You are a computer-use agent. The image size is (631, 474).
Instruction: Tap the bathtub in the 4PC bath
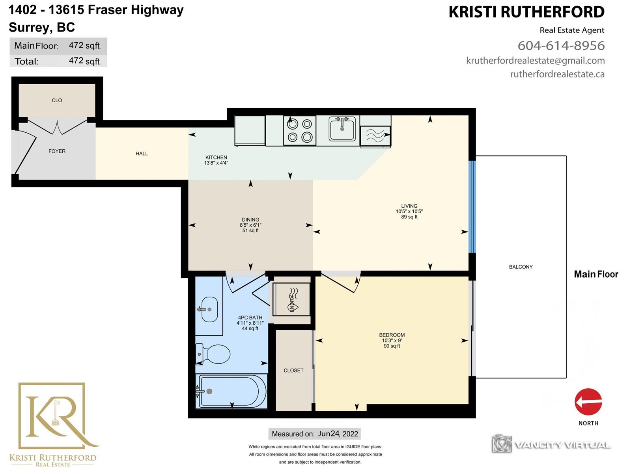point(231,391)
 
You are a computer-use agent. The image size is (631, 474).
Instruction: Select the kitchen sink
point(342,129)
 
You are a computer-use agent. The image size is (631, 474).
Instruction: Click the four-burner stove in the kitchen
point(300,131)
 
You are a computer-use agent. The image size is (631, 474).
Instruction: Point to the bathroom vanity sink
point(209,309)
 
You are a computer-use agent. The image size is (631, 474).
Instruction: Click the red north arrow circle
point(588,402)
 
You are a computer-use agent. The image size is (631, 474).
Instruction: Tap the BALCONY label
point(521,267)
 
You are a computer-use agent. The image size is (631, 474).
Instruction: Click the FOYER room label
point(57,151)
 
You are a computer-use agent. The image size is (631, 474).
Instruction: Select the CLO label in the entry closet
point(57,100)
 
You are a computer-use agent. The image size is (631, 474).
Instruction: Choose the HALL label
point(142,154)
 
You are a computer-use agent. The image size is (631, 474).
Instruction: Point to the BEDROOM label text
point(392,335)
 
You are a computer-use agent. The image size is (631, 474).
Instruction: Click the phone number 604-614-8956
point(561,45)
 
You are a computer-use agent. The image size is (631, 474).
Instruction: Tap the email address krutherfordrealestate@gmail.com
point(535,60)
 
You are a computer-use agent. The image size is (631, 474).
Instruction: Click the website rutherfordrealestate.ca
point(557,74)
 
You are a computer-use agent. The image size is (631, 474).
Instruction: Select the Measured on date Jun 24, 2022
point(338,434)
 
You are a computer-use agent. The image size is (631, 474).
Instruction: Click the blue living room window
point(472,207)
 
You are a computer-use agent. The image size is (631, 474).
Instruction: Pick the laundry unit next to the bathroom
point(291,299)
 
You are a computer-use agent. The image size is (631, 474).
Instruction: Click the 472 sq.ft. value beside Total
point(85,61)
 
